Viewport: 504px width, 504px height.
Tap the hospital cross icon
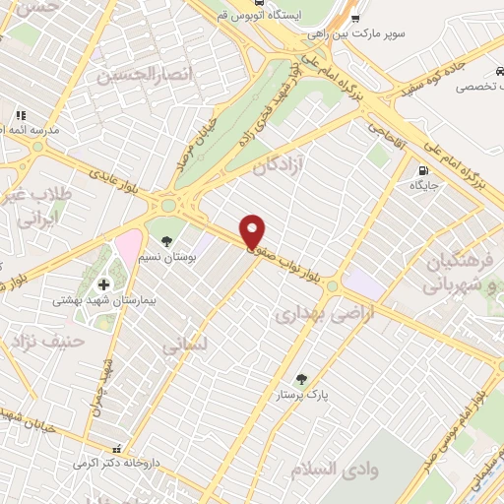(103, 284)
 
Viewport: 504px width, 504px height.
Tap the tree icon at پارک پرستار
(301, 379)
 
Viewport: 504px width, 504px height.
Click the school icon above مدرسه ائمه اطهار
(19, 114)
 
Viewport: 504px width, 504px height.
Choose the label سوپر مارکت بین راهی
(383, 31)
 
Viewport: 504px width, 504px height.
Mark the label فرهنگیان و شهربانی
(459, 275)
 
